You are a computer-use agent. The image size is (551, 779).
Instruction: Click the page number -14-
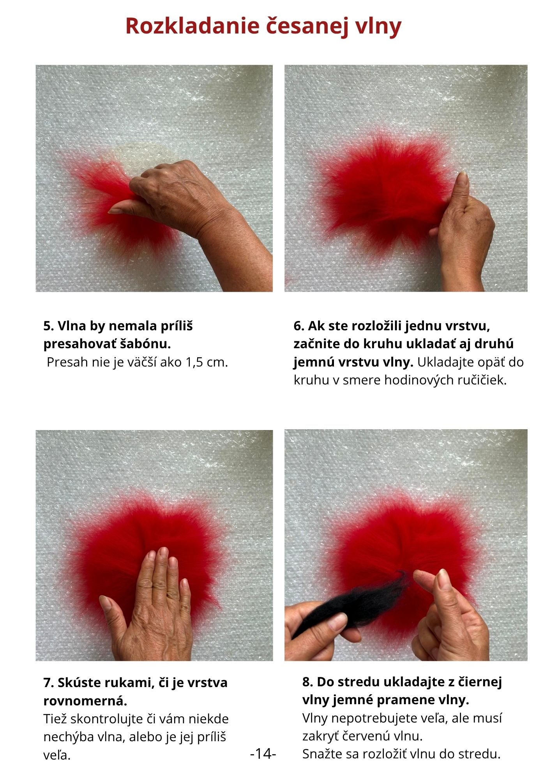tap(263, 753)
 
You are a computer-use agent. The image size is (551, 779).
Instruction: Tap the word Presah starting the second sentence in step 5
tap(64, 362)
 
